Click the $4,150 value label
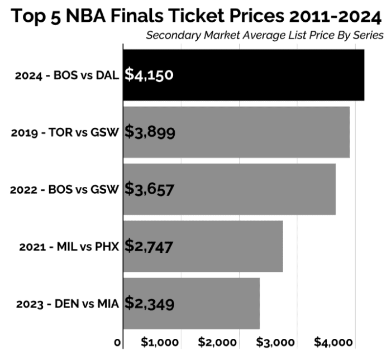(149, 75)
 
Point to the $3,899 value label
(150, 132)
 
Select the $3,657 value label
(149, 189)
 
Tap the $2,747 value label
(149, 246)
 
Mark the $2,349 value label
(149, 303)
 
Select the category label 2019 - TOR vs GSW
(65, 133)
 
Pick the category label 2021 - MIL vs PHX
(66, 247)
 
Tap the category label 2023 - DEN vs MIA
(66, 304)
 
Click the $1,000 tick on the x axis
(160, 342)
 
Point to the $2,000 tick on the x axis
(218, 342)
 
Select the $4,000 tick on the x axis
(334, 342)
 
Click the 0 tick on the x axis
(118, 342)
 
